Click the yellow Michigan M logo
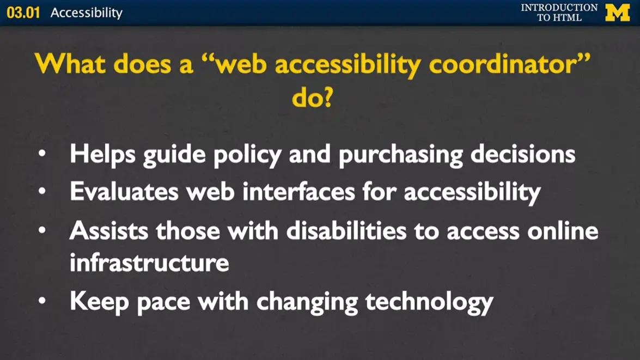pos(617,13)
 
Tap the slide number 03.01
pos(23,13)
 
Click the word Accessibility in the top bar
pos(87,13)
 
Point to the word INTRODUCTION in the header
pos(559,8)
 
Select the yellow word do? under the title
pos(312,97)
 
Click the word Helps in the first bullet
pos(102,154)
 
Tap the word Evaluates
pos(123,191)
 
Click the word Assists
pos(108,230)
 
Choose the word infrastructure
pos(149,263)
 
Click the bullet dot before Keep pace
pos(42,301)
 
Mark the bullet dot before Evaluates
pos(42,192)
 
